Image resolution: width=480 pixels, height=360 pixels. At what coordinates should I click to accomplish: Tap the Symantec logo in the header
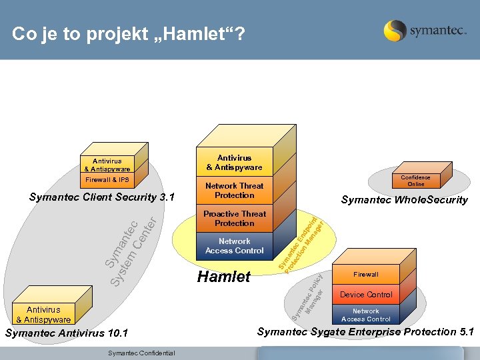tap(425, 31)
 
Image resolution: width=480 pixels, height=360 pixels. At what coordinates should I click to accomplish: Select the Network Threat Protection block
tap(234, 191)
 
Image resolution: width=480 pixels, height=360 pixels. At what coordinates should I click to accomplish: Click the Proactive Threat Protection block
tap(234, 219)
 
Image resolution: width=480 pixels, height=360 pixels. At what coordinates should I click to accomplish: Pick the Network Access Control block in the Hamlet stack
tap(234, 246)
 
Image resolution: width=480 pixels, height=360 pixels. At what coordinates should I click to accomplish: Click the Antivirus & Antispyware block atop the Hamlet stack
tap(234, 163)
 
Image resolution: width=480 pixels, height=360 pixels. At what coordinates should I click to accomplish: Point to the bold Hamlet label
tap(224, 277)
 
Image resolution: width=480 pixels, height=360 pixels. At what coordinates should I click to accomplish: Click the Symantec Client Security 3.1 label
tap(102, 197)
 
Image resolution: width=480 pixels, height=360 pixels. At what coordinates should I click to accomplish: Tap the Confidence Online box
tap(415, 181)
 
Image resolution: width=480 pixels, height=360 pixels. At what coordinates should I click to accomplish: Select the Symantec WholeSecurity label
tap(404, 200)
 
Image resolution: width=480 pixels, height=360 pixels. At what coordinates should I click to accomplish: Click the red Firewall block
tap(365, 274)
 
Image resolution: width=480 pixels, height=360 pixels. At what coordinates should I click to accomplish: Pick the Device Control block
tap(365, 294)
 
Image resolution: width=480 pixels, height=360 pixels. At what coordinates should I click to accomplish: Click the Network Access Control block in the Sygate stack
tap(365, 315)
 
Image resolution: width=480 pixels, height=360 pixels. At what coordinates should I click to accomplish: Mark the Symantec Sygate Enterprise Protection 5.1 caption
tap(365, 332)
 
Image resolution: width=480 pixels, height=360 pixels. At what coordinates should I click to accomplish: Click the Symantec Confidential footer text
tap(141, 353)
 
